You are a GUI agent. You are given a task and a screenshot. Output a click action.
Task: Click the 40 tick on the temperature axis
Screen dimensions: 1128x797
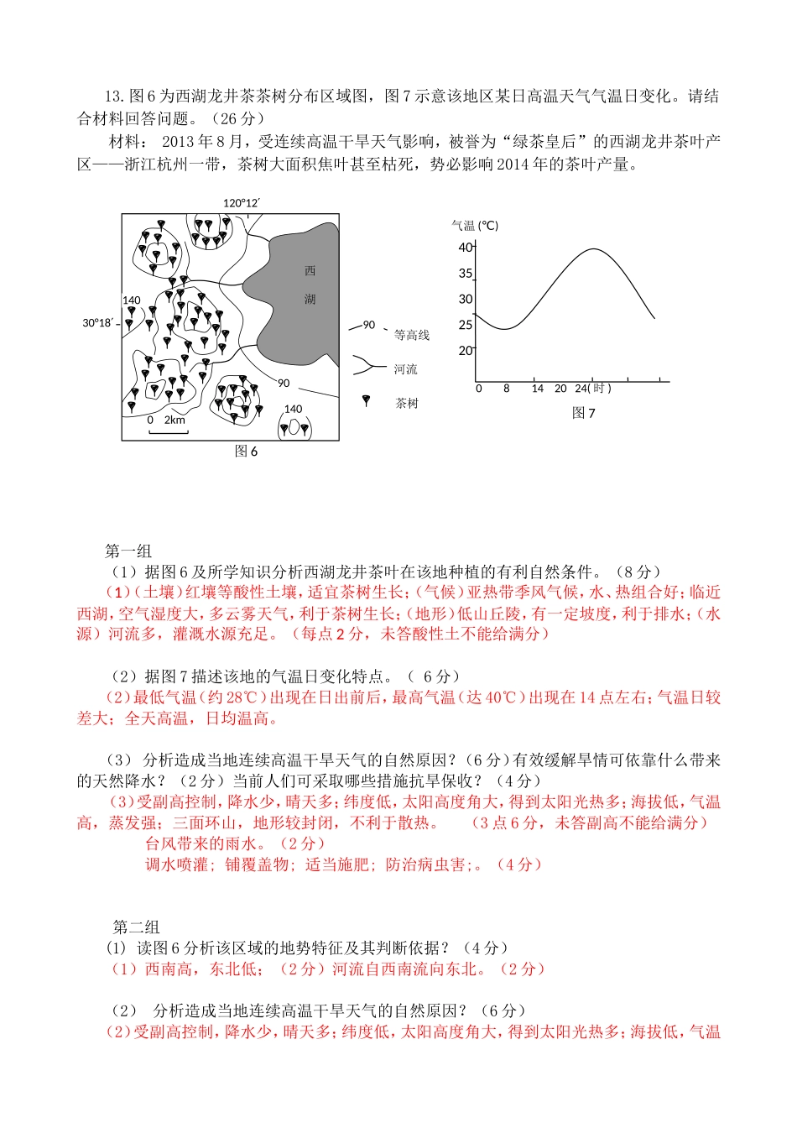466,247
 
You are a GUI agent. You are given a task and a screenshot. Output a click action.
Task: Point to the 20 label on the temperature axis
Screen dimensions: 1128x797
465,351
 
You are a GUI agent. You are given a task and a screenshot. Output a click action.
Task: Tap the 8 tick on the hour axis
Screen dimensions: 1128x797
507,388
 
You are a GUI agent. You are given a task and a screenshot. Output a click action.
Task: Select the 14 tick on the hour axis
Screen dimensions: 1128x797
538,388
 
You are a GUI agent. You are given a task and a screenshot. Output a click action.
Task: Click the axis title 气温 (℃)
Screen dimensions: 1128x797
475,225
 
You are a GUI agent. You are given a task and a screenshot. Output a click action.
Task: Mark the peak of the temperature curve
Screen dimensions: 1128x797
594,249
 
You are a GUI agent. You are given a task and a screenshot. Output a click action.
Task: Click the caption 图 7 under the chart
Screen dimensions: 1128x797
583,413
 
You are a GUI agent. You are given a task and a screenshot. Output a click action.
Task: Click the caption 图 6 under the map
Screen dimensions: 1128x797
246,452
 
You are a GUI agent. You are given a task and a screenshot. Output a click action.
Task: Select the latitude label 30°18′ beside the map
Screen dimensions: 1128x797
96,323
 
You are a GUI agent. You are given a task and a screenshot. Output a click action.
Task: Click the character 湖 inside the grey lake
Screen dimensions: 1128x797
310,300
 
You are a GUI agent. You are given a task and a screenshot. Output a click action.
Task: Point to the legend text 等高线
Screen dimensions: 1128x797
412,336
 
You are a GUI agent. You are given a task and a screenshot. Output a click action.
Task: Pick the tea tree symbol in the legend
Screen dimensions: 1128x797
366,401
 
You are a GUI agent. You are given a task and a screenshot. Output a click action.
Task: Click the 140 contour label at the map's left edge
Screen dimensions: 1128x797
132,300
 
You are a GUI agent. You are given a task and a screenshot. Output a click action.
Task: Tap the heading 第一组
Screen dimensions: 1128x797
128,551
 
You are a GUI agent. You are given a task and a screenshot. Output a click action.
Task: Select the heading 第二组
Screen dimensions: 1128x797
137,927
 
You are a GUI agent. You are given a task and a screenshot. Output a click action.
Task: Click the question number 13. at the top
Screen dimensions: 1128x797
115,97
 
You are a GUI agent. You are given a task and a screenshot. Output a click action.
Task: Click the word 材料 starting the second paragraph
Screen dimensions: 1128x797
125,141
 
